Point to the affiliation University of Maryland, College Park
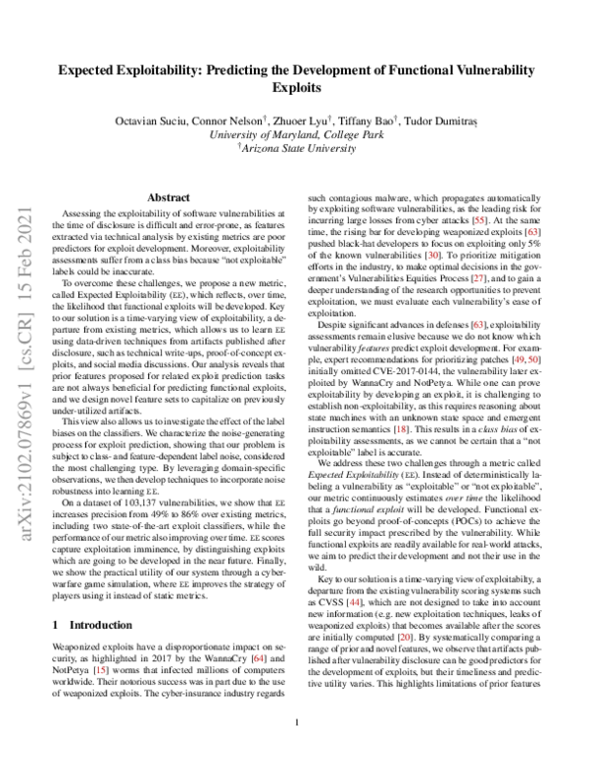(296, 133)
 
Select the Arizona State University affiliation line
(297, 147)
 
